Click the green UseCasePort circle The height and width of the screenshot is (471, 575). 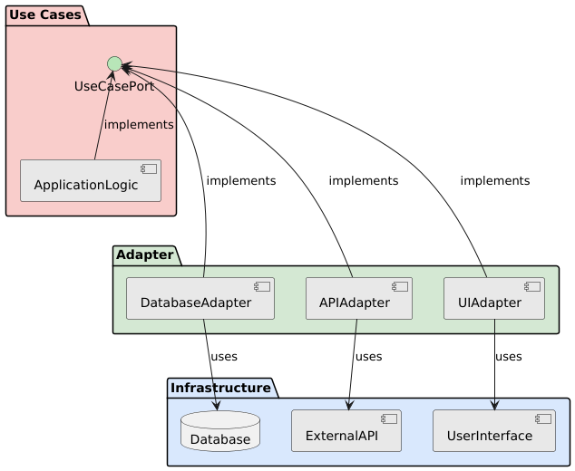114,63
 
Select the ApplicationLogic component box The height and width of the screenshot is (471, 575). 91,181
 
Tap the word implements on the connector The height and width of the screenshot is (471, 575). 139,124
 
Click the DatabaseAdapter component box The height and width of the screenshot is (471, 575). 200,299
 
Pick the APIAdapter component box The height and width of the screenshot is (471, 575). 359,299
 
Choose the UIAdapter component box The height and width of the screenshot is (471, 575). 494,299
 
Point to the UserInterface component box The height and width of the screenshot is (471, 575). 494,431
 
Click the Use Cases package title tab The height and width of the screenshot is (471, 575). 45,14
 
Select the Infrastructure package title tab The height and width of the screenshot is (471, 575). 221,389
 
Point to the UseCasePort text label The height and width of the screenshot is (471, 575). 113,86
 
